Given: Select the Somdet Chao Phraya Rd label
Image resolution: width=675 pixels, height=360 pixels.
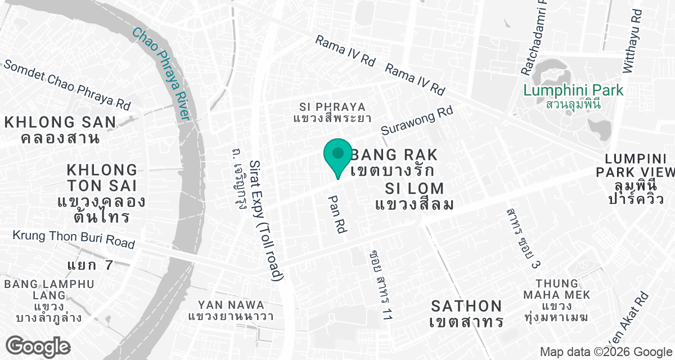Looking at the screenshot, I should (66, 85).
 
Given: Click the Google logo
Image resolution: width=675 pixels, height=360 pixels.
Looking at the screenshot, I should (39, 345).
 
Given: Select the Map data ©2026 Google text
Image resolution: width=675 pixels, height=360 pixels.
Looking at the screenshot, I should (605, 352).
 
